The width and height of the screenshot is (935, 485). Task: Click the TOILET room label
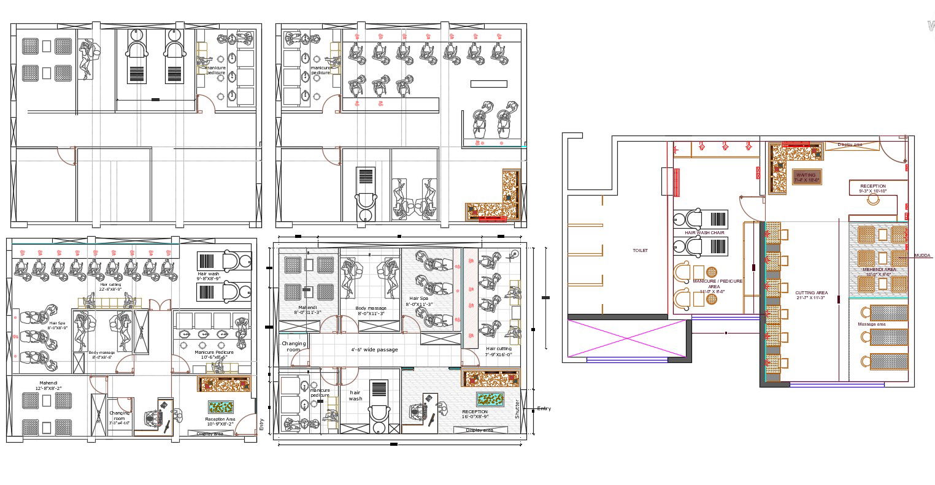(x=640, y=250)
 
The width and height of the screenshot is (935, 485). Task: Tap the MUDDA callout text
(x=922, y=256)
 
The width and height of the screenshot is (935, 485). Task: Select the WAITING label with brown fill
(x=806, y=177)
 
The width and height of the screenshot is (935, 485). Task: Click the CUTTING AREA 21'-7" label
(x=811, y=296)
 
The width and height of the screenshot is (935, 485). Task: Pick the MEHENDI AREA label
(x=879, y=272)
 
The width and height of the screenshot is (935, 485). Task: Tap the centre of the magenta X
(x=626, y=338)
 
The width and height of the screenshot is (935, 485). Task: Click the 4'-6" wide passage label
(x=374, y=349)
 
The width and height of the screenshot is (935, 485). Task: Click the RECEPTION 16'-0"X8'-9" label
(x=475, y=414)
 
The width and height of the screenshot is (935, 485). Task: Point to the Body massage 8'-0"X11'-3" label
(x=371, y=311)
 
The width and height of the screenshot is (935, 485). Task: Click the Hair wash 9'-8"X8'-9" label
(x=209, y=276)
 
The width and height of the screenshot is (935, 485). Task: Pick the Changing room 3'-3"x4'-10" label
(x=119, y=418)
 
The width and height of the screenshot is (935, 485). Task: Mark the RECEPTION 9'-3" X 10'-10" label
(x=873, y=189)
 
